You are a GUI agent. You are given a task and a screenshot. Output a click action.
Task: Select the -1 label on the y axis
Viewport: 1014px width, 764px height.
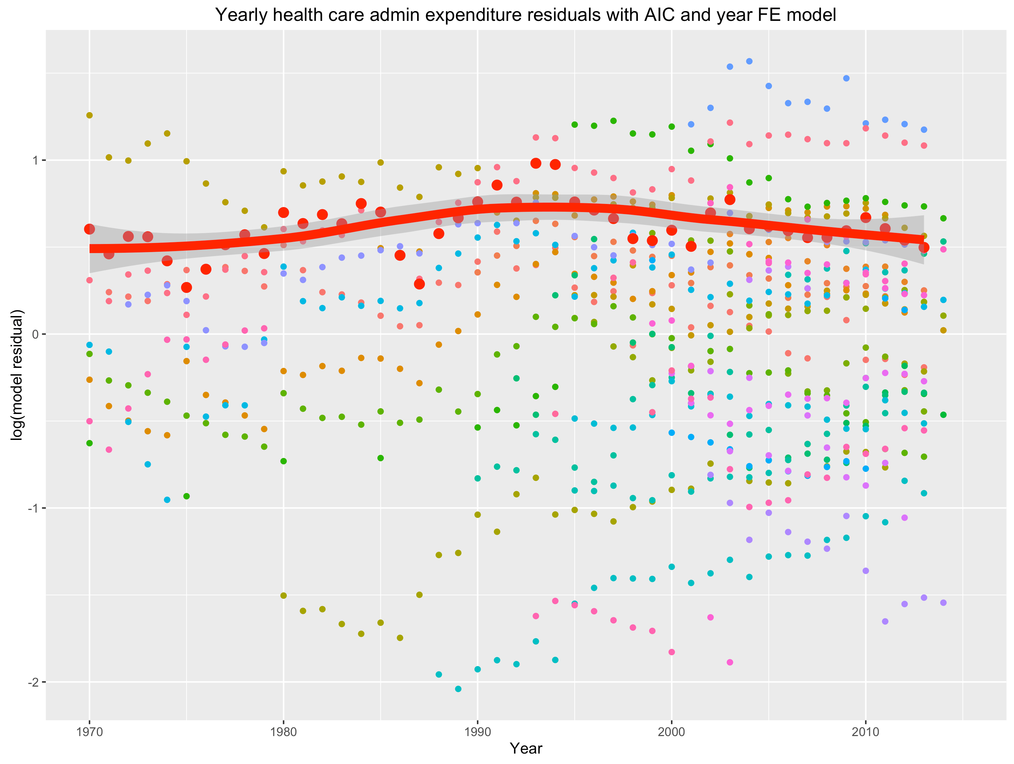coord(33,508)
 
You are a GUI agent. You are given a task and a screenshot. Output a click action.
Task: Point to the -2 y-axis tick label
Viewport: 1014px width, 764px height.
coord(33,682)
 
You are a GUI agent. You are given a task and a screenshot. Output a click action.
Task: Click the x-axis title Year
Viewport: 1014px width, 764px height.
coord(526,749)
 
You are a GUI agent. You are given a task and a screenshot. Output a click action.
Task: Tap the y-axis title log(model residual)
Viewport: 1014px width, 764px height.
coord(16,375)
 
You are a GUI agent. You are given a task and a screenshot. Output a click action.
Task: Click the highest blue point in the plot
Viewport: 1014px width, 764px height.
coord(749,61)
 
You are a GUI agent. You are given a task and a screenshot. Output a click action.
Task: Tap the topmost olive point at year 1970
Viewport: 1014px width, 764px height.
coord(90,115)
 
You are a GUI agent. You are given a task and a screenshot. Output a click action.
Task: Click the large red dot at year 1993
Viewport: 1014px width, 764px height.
coord(535,163)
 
